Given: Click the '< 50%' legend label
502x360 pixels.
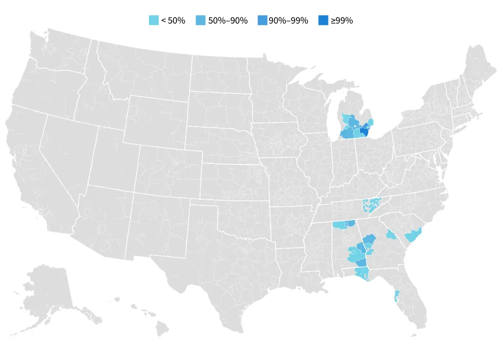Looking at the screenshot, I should coord(173,20).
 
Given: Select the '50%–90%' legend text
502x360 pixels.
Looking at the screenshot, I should coord(228,20).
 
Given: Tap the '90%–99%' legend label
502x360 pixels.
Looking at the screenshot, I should coord(288,20).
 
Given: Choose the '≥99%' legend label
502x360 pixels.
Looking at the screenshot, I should coord(341,20).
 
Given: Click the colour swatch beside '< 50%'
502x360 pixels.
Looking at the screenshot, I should coord(154,20).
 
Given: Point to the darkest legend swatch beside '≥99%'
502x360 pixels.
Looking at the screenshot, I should coord(323,20).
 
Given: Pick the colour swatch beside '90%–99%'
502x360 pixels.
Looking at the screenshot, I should coord(263,20).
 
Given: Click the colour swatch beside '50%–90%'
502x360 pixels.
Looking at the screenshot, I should coord(201,20).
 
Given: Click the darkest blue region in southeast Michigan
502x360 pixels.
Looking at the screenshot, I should coord(364,131).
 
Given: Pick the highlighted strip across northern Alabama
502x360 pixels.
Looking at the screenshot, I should coord(343,224).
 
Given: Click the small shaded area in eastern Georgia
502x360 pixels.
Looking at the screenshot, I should coord(391,235).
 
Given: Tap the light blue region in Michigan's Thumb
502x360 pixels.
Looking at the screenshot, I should coord(371,122).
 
